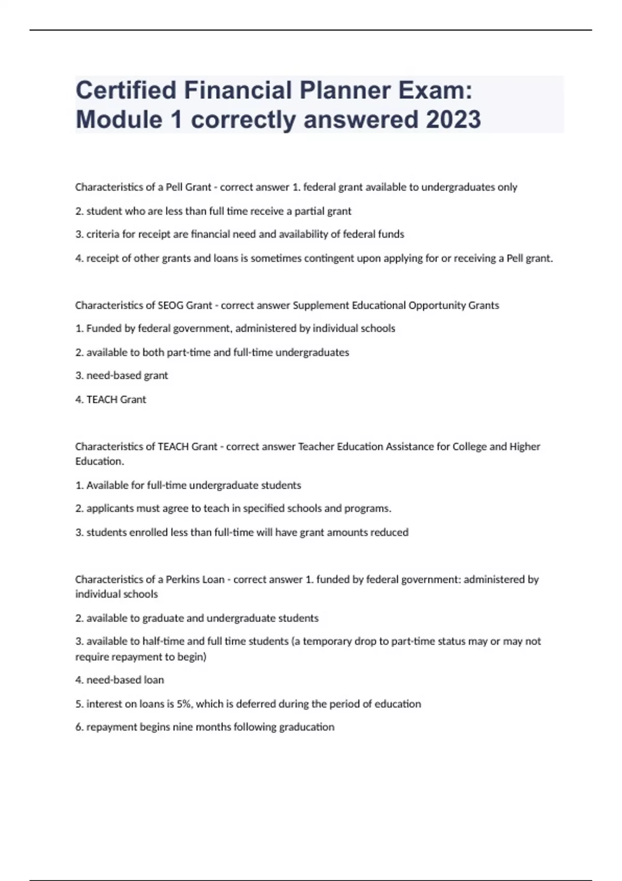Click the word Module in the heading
point(119,119)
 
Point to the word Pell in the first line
point(175,187)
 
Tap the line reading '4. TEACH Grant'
point(111,400)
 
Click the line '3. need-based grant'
point(122,375)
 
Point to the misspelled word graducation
point(307,727)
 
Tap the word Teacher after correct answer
point(316,447)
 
